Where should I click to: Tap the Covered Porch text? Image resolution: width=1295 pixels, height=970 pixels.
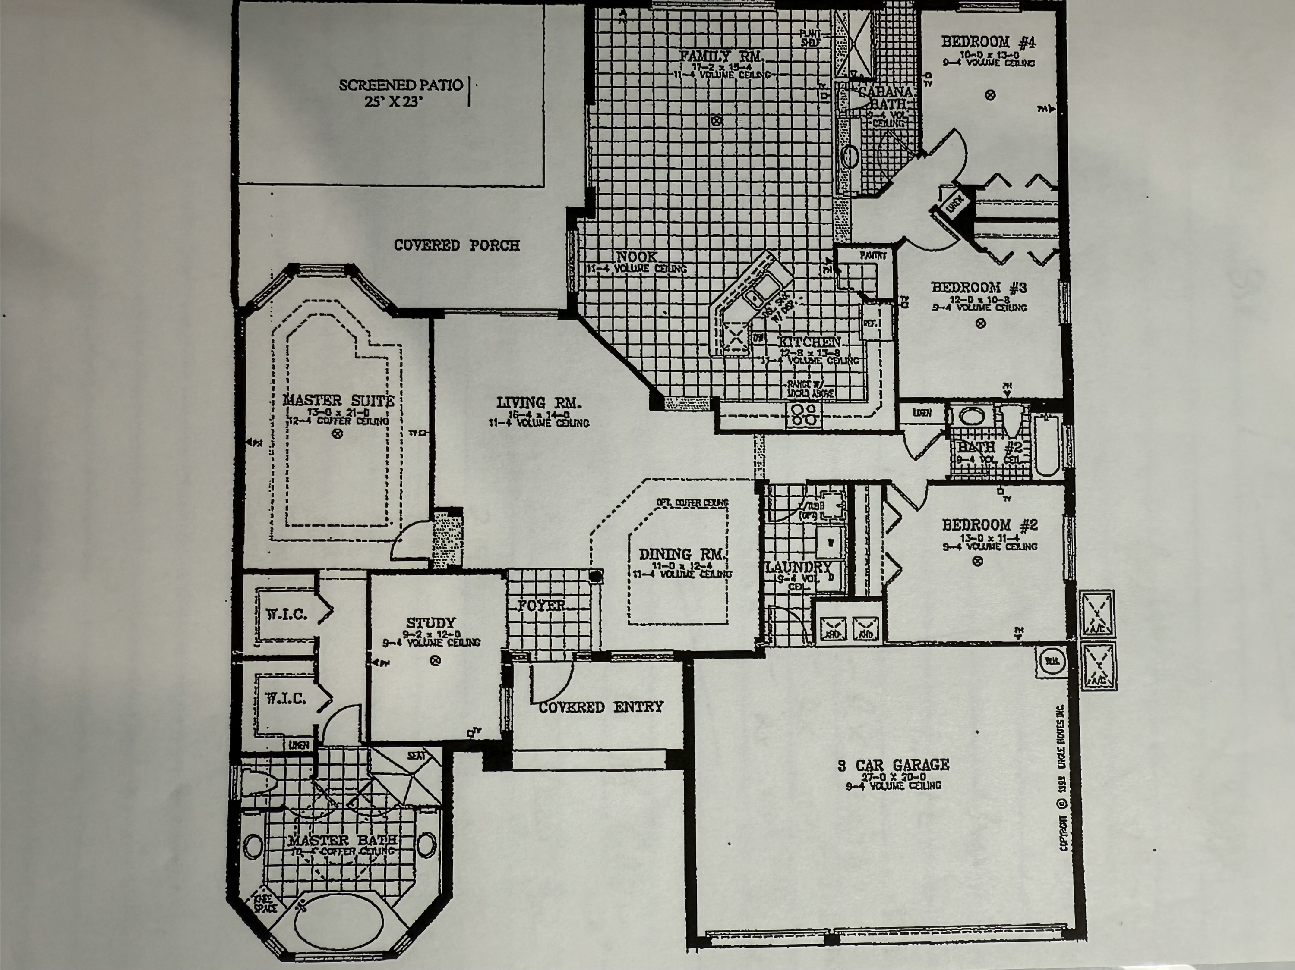coord(457,245)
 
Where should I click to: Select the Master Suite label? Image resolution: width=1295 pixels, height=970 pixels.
coord(338,401)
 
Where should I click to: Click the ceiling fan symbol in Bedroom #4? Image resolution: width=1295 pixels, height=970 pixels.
coord(990,95)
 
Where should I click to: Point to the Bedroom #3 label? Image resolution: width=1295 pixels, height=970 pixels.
coord(979,287)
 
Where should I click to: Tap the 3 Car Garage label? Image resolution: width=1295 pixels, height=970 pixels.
coord(894,765)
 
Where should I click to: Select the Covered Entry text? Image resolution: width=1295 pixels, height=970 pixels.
coord(601,707)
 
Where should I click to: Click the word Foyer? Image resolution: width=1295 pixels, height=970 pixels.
coord(542,606)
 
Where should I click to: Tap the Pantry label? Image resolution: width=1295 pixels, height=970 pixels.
coord(874,256)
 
